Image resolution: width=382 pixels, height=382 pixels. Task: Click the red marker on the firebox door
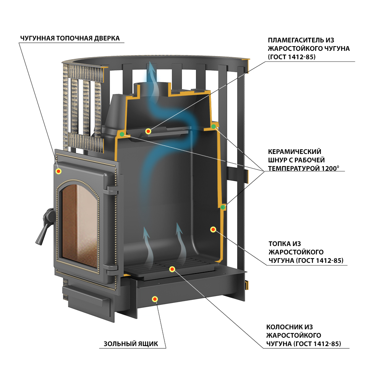pos(58,171)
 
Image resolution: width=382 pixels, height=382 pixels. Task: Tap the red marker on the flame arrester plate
pos(148,131)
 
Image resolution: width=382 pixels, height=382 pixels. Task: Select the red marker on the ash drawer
pos(155,299)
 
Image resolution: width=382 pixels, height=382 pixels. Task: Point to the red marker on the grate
pos(172,269)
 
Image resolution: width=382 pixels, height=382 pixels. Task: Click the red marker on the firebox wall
pos(213,229)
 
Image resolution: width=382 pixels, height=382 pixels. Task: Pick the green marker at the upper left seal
pos(122,134)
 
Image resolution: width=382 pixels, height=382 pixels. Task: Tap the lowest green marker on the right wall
pos(223,207)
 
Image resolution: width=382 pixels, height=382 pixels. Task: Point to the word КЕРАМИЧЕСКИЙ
pos(295,152)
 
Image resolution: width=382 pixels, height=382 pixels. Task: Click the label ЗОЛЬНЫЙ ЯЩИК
pos(131,344)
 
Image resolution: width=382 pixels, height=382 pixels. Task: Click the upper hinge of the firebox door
pos(112,190)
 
